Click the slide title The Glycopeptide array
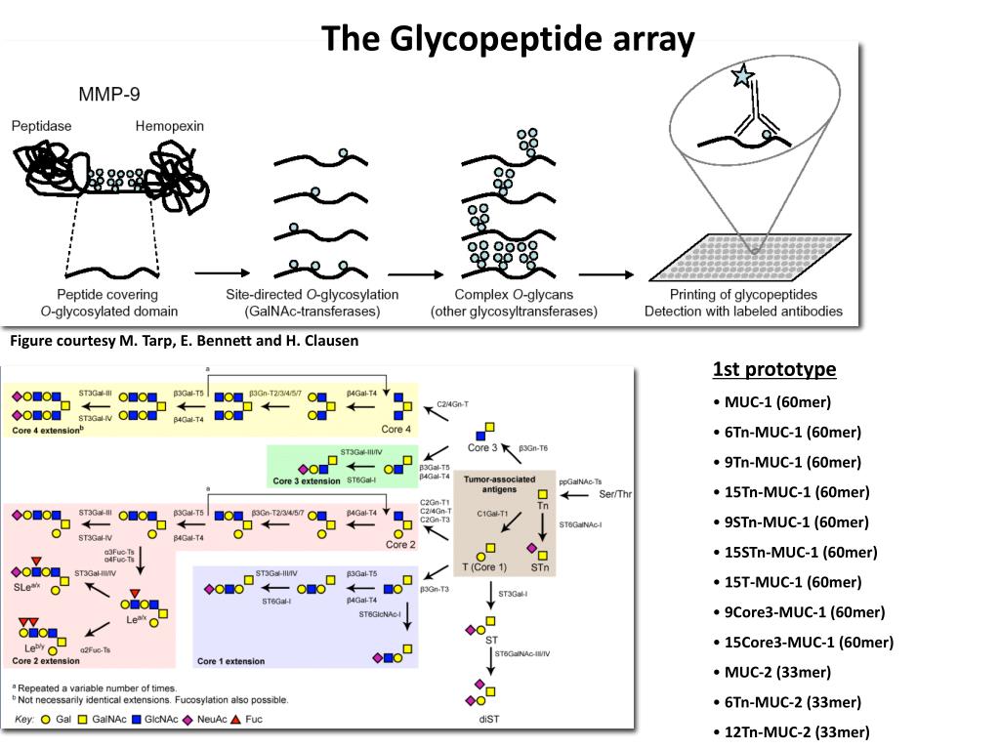point(509,40)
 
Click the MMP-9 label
point(108,95)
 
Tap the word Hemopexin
point(169,126)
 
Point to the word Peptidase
point(41,126)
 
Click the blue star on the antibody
point(743,74)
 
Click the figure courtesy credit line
point(185,341)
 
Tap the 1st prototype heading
point(774,369)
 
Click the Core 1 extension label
point(230,661)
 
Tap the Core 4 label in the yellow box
point(396,430)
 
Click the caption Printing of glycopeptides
point(743,294)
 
